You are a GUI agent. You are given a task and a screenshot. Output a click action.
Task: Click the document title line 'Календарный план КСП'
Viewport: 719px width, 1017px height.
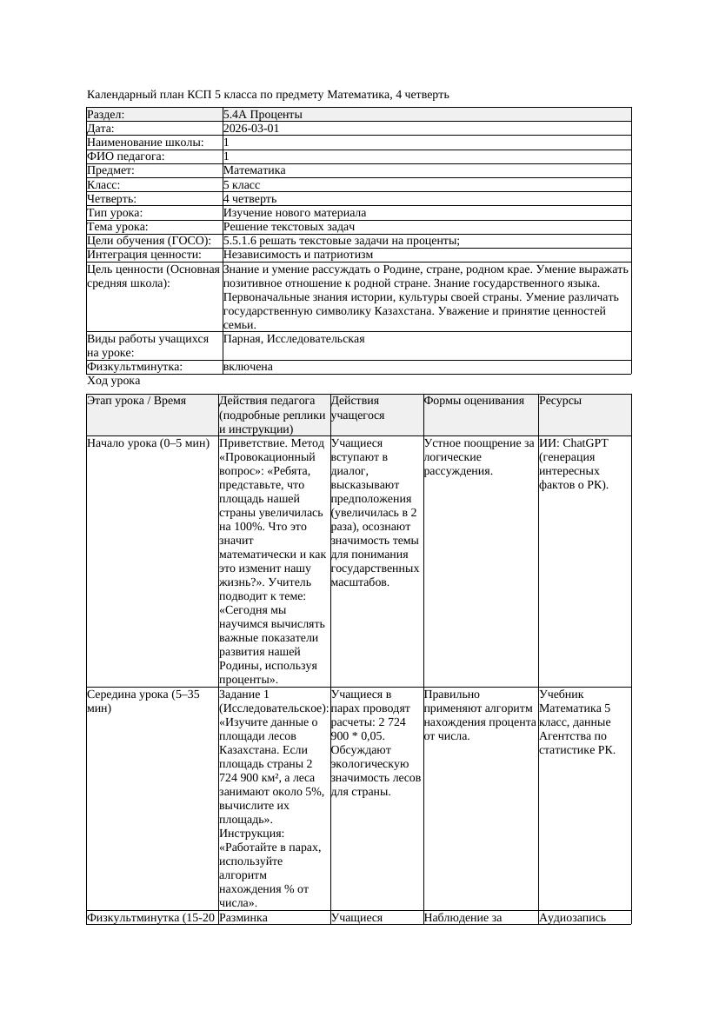tap(268, 94)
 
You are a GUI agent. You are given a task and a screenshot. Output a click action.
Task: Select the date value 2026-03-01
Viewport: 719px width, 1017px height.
tap(251, 128)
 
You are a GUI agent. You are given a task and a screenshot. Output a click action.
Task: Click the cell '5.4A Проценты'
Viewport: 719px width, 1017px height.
tap(263, 114)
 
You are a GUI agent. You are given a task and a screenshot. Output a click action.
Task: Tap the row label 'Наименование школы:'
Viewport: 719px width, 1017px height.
tap(146, 143)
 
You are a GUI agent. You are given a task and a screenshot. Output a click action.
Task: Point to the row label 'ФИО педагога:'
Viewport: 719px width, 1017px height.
tap(126, 156)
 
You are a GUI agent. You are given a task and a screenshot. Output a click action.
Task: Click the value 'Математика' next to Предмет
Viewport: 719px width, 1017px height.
tap(254, 170)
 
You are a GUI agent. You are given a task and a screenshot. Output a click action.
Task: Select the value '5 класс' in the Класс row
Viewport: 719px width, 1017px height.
tap(242, 184)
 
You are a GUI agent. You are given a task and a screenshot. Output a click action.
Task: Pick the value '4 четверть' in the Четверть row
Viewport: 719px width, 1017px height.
tap(250, 199)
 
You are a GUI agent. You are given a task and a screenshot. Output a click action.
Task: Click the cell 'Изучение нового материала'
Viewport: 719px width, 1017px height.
tap(294, 213)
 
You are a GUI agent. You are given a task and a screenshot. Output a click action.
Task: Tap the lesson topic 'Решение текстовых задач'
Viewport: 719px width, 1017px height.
tap(289, 227)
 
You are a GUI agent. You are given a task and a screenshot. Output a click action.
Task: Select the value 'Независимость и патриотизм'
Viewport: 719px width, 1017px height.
tap(297, 255)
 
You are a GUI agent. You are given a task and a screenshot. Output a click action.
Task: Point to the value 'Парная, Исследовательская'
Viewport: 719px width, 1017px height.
tap(294, 338)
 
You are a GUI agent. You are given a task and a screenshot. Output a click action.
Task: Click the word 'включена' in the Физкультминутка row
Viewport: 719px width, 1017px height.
tap(248, 367)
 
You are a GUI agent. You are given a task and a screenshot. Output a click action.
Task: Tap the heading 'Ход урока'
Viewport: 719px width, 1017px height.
tap(114, 381)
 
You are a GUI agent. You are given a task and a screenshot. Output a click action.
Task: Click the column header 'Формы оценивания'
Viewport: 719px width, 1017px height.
tap(475, 401)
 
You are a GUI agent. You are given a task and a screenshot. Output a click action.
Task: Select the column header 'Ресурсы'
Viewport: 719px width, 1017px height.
tap(561, 401)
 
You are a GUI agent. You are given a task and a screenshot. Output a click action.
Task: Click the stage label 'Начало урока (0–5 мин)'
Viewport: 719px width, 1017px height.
tap(149, 443)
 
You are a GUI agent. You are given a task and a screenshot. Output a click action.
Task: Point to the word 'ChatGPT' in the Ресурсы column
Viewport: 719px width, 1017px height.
tap(584, 443)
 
